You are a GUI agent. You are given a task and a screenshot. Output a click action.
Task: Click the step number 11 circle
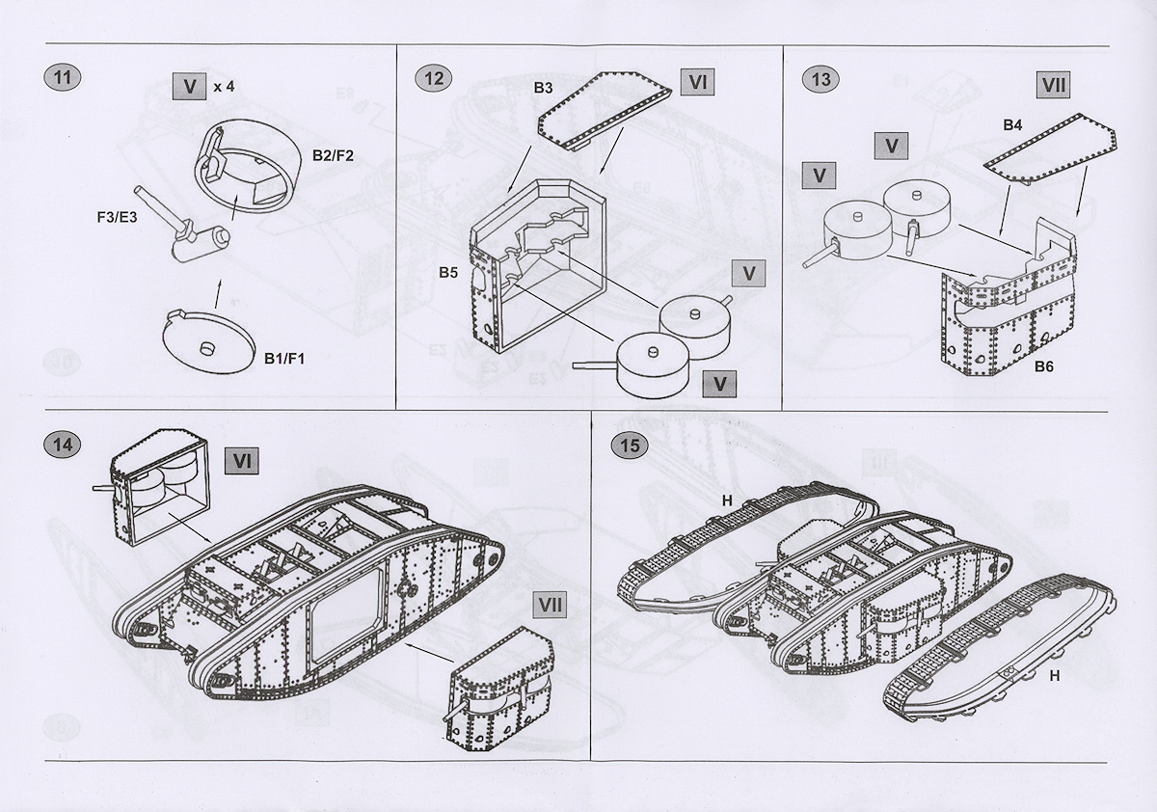(x=64, y=78)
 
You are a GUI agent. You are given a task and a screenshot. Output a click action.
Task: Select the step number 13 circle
(x=821, y=78)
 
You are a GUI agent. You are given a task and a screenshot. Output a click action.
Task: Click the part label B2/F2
(x=334, y=154)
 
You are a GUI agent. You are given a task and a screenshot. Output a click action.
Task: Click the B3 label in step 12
(x=543, y=88)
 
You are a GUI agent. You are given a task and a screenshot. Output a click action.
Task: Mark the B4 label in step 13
(x=1012, y=124)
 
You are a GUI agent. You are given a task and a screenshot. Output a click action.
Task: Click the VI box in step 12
(x=698, y=82)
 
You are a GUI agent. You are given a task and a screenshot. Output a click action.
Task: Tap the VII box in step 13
(x=1055, y=85)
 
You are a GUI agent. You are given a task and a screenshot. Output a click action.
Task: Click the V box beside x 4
(x=189, y=86)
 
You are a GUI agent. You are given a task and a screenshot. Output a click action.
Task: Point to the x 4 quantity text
(x=224, y=87)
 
